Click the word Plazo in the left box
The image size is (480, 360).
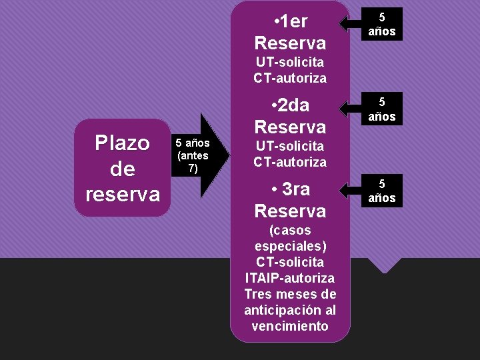[x=123, y=143]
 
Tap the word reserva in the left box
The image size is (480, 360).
[x=123, y=194]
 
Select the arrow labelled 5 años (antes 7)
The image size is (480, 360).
[x=199, y=156]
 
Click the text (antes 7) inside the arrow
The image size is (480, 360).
[x=193, y=162]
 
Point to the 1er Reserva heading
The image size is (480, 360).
[x=290, y=33]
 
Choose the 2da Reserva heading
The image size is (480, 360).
[x=290, y=116]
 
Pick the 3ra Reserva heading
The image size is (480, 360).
[x=290, y=200]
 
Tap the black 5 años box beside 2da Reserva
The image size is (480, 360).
[x=382, y=109]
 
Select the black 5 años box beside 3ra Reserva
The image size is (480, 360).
[x=382, y=191]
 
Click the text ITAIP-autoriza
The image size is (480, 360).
[x=290, y=277]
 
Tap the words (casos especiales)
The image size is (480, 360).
[x=290, y=238]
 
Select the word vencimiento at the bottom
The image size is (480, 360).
[x=290, y=326]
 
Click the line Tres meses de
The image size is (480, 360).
[x=290, y=294]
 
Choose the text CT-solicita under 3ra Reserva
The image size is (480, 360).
[x=290, y=261]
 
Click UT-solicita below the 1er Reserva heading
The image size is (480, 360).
[x=290, y=62]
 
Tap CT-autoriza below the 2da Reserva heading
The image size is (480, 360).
[x=290, y=162]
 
